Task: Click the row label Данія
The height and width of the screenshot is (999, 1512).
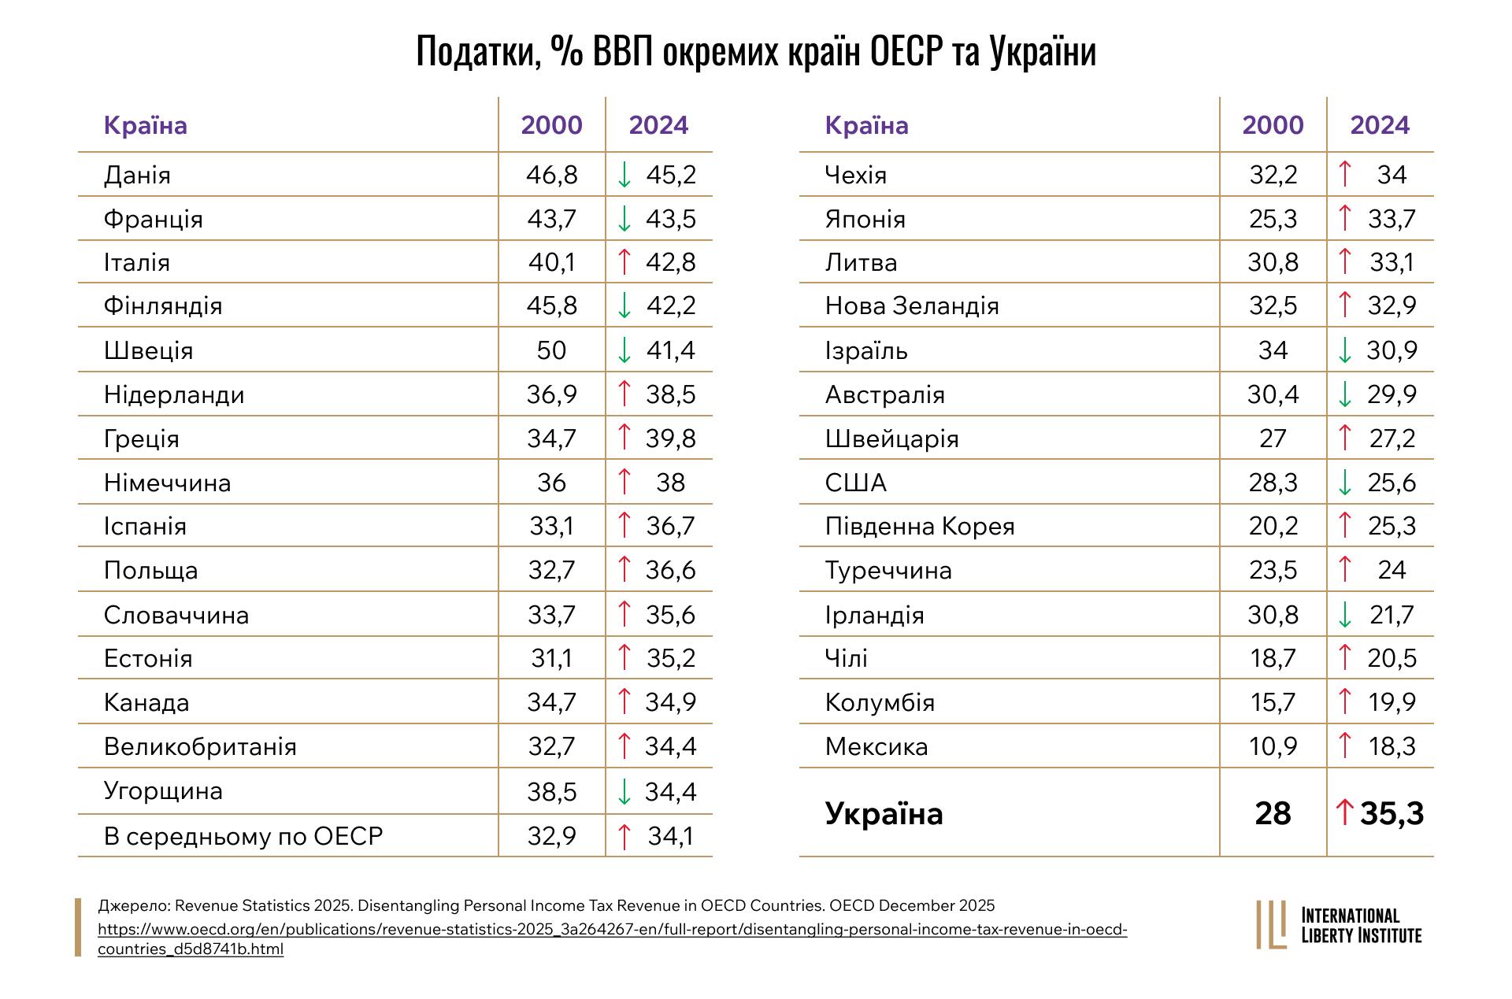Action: (137, 175)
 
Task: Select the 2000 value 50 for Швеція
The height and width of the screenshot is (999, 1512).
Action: (551, 350)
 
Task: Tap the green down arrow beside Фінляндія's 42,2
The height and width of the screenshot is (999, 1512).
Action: (624, 305)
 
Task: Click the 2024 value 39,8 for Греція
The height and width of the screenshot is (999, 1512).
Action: (670, 438)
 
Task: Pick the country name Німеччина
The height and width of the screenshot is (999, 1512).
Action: (167, 483)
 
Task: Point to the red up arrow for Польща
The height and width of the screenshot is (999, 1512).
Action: (624, 569)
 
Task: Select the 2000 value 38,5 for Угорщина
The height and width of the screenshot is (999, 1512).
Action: (552, 791)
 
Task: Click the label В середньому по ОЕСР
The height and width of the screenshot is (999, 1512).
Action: (243, 835)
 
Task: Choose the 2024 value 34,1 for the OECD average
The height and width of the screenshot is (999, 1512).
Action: (670, 835)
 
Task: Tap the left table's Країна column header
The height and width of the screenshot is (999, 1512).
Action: (146, 125)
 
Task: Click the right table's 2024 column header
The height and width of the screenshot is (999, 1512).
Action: (1380, 125)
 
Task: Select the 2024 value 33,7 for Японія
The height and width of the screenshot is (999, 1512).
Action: (1392, 219)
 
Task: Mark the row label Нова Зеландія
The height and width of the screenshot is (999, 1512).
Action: (912, 305)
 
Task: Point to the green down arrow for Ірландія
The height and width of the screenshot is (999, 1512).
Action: (1345, 615)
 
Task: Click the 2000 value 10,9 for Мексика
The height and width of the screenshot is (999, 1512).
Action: (1273, 746)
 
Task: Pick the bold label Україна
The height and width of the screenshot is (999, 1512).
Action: (884, 813)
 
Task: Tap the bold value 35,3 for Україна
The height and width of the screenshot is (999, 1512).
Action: (1392, 813)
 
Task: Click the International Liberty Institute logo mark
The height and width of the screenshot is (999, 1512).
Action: (1271, 925)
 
